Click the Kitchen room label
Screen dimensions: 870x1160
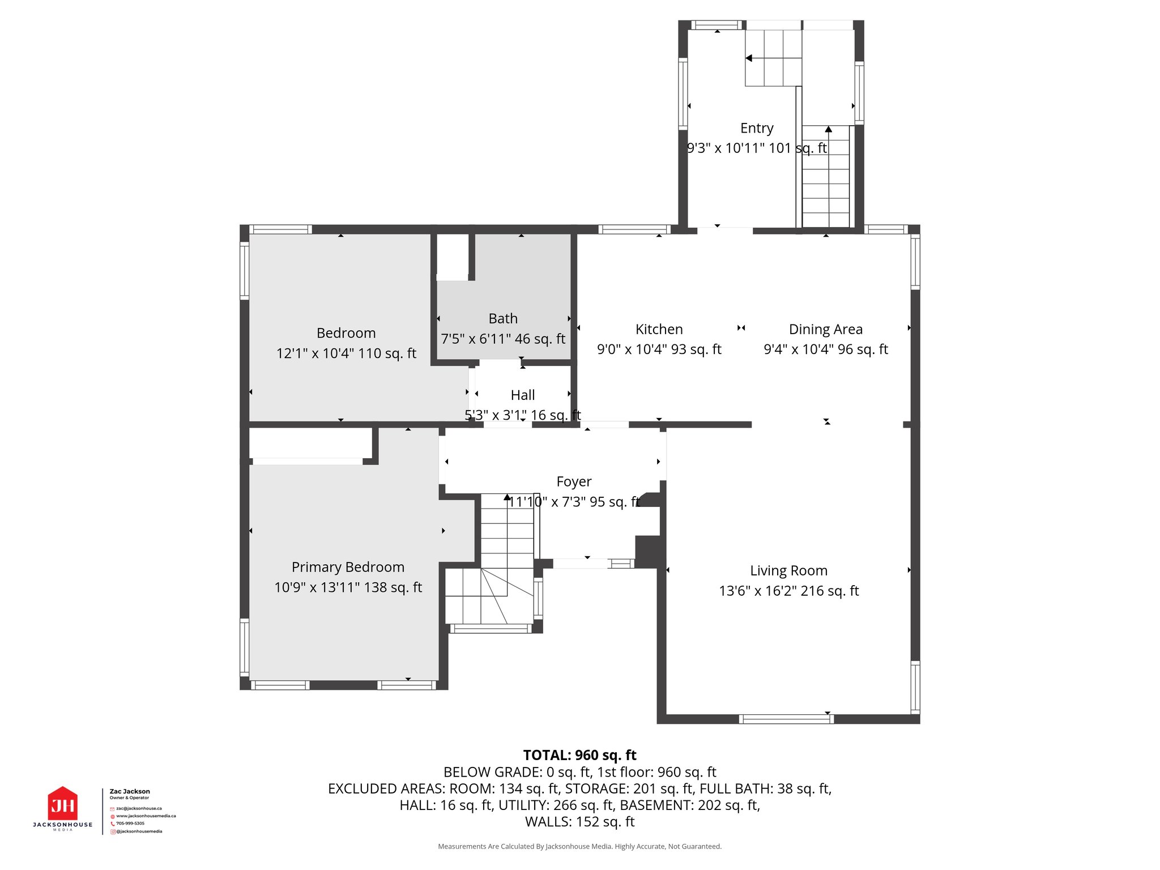pyautogui.click(x=659, y=329)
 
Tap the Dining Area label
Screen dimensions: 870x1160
pyautogui.click(x=825, y=329)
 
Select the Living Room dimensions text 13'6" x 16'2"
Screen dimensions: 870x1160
pyautogui.click(x=788, y=591)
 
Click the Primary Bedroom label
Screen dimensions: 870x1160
pyautogui.click(x=348, y=567)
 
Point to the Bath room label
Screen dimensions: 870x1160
pyautogui.click(x=503, y=318)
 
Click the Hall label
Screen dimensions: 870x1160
pyautogui.click(x=522, y=395)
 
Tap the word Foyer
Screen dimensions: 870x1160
pyautogui.click(x=574, y=481)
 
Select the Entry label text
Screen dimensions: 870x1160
pyautogui.click(x=756, y=128)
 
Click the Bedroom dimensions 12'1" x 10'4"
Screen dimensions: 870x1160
pyautogui.click(x=346, y=353)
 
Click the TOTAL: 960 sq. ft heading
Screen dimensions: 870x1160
pyautogui.click(x=579, y=755)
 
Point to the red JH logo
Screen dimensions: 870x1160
pyautogui.click(x=62, y=804)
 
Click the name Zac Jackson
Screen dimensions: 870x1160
pyautogui.click(x=130, y=791)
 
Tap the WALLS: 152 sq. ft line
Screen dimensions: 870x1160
pyautogui.click(x=579, y=821)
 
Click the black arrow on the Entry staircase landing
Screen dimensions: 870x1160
pyautogui.click(x=749, y=58)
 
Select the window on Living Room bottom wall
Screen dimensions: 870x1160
pyautogui.click(x=786, y=719)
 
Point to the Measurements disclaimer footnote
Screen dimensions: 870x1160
pyautogui.click(x=579, y=846)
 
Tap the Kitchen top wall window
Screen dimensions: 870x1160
pyautogui.click(x=634, y=229)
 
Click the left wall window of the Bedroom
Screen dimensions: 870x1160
pyautogui.click(x=245, y=271)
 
